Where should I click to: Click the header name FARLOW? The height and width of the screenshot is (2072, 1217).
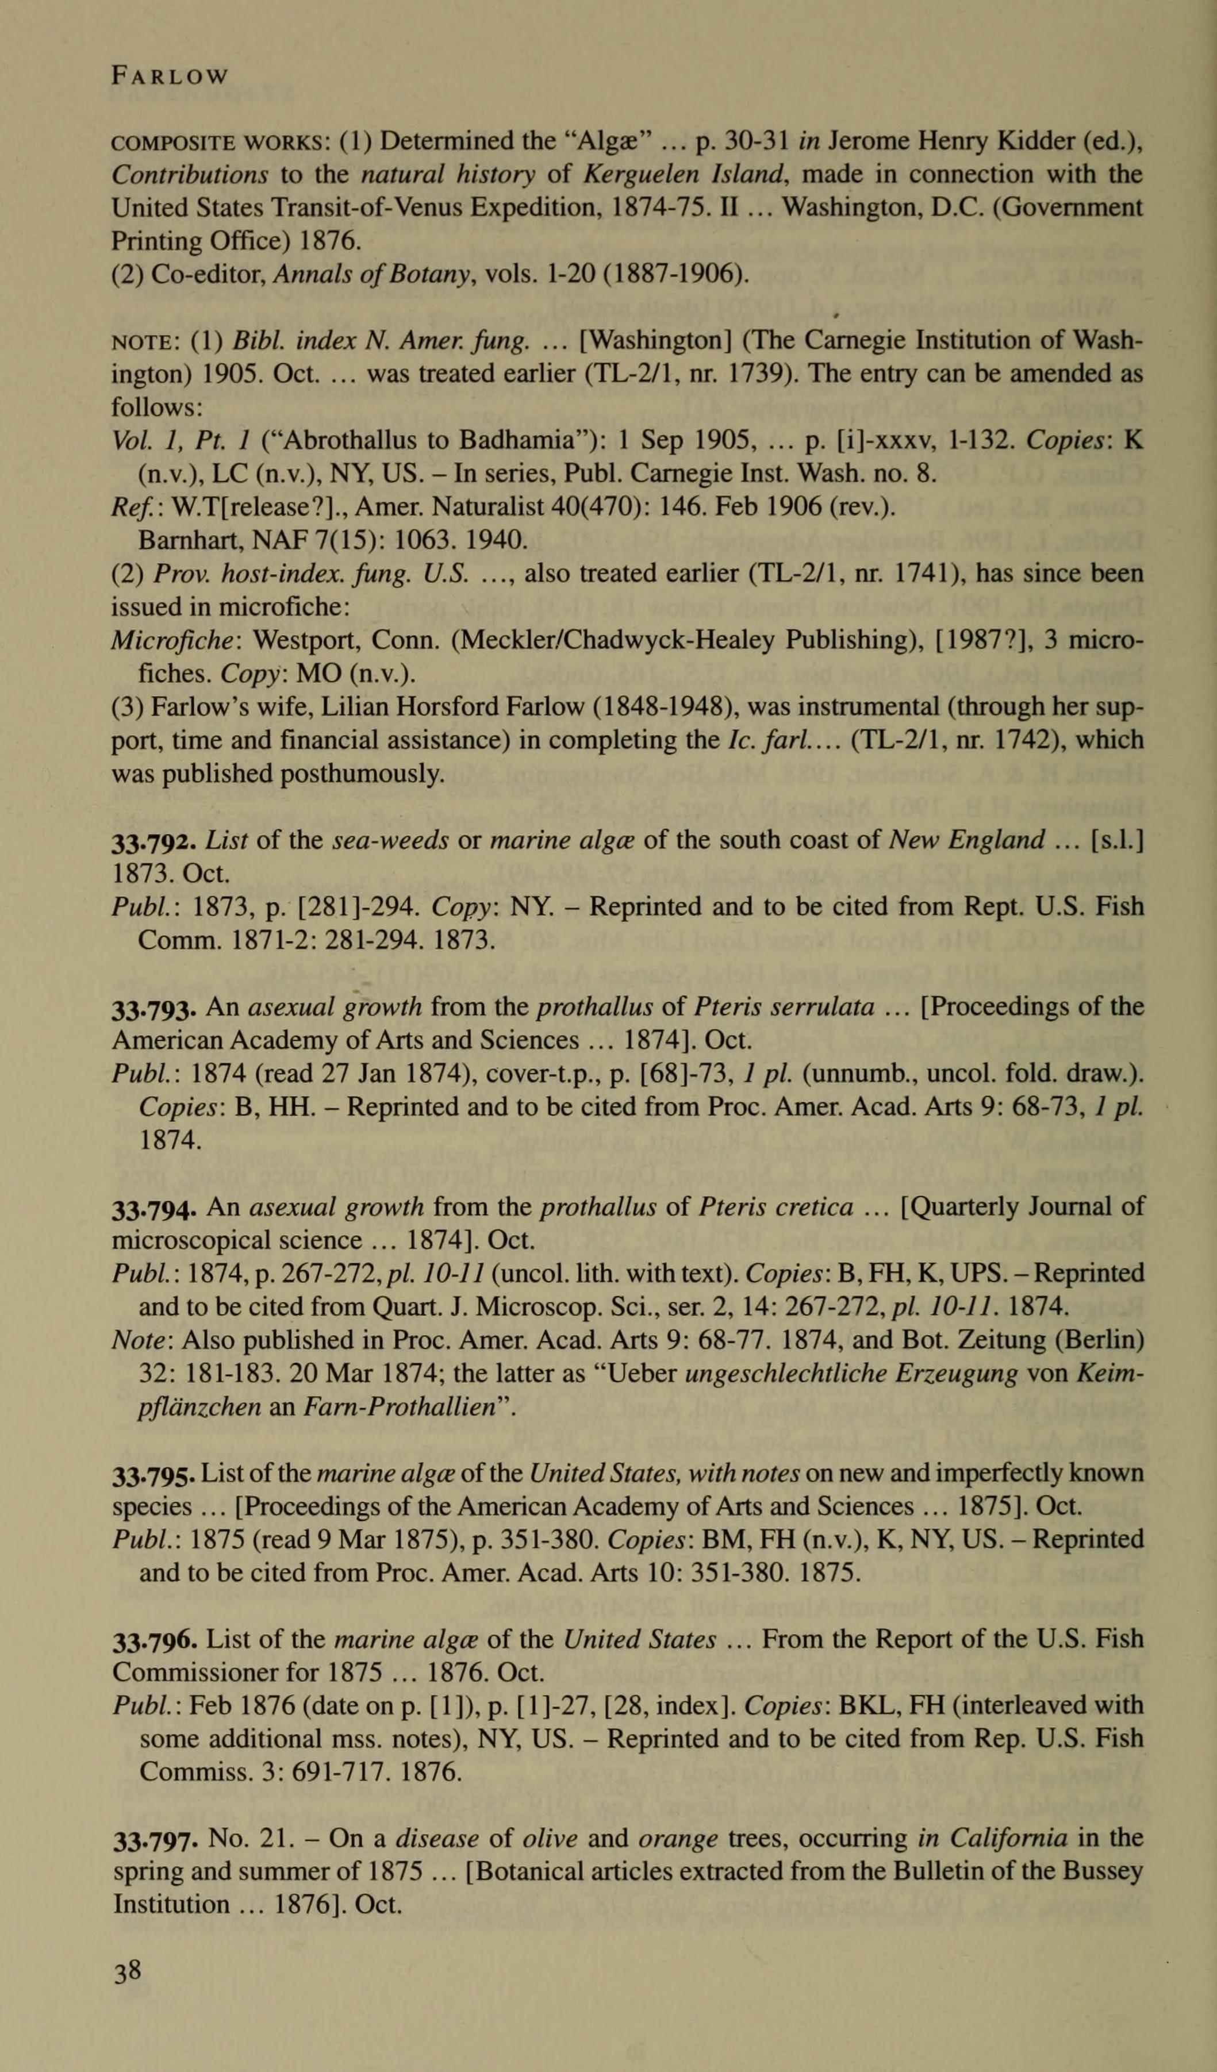[170, 76]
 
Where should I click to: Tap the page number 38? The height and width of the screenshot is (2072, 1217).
[128, 1971]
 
